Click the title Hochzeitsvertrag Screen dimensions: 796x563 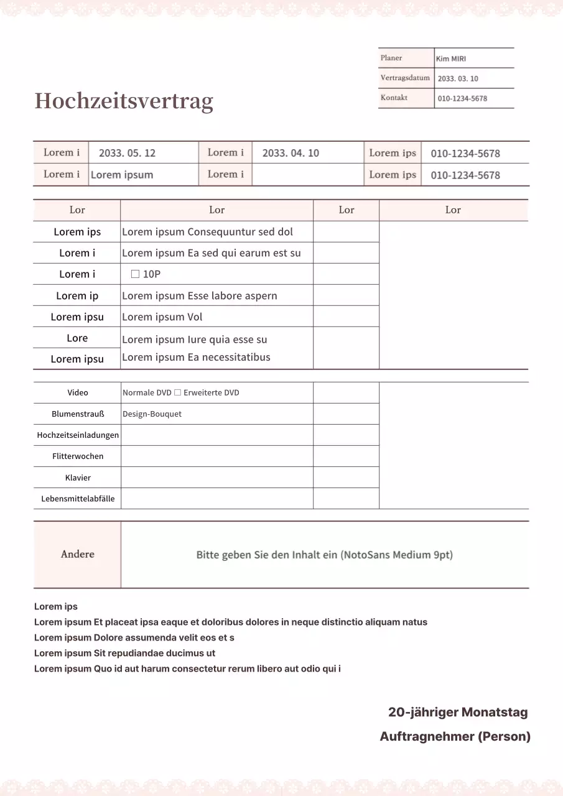pos(124,101)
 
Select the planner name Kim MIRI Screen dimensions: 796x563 pos(451,58)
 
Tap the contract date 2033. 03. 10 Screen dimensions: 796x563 pos(458,78)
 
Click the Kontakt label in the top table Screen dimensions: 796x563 pos(394,98)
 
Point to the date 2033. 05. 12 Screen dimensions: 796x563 pos(127,153)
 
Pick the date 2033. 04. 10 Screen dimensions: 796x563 pos(291,153)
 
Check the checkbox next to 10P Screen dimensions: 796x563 pos(135,274)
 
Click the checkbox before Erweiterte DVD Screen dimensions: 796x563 pos(177,392)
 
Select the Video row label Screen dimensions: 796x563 pos(78,392)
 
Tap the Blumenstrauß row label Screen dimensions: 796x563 pos(78,414)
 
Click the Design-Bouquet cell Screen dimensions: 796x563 pos(152,414)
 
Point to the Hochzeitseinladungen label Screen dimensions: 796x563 pos(78,435)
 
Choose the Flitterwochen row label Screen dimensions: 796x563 pos(78,456)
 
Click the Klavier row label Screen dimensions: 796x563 pos(78,478)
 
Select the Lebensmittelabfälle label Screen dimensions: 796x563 pos(78,499)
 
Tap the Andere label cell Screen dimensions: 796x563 pos(78,554)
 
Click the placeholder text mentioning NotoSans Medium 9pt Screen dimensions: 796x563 pos(324,555)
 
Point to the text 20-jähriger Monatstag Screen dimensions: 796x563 pos(458,712)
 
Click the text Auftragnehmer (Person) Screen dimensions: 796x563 pos(455,736)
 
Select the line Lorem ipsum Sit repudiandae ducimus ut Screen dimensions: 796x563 pos(124,653)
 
